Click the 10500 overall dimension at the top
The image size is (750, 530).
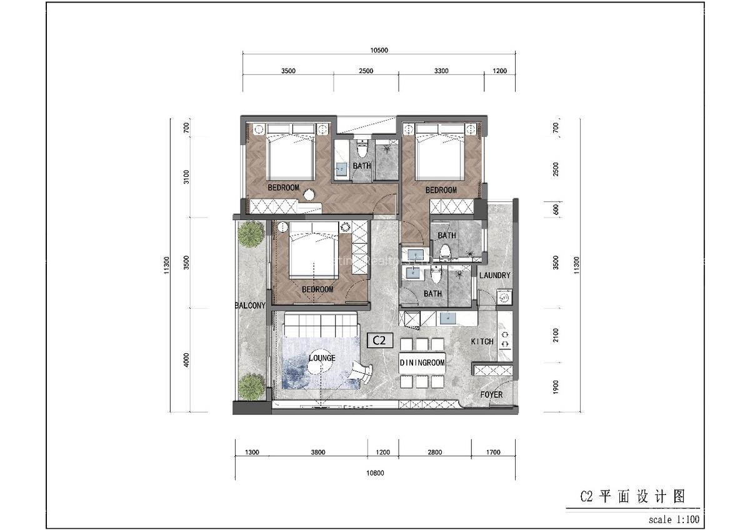pyautogui.click(x=379, y=51)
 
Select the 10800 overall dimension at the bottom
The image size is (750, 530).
pyautogui.click(x=375, y=473)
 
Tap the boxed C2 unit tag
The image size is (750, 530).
pyautogui.click(x=379, y=341)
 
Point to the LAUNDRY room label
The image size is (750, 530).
pyautogui.click(x=494, y=276)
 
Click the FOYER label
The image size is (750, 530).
pyautogui.click(x=491, y=395)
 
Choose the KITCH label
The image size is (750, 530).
pyautogui.click(x=482, y=342)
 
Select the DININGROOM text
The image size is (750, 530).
pyautogui.click(x=422, y=362)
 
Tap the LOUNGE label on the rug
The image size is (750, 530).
pyautogui.click(x=322, y=358)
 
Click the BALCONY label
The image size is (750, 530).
pyautogui.click(x=250, y=306)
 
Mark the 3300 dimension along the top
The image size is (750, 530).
pyautogui.click(x=441, y=71)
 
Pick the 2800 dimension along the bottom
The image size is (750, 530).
pyautogui.click(x=434, y=452)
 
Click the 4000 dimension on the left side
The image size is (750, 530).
pyautogui.click(x=186, y=360)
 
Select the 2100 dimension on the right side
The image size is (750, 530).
pyautogui.click(x=556, y=335)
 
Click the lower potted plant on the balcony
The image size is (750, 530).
pyautogui.click(x=251, y=386)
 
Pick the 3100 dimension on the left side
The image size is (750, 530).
pyautogui.click(x=186, y=177)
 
